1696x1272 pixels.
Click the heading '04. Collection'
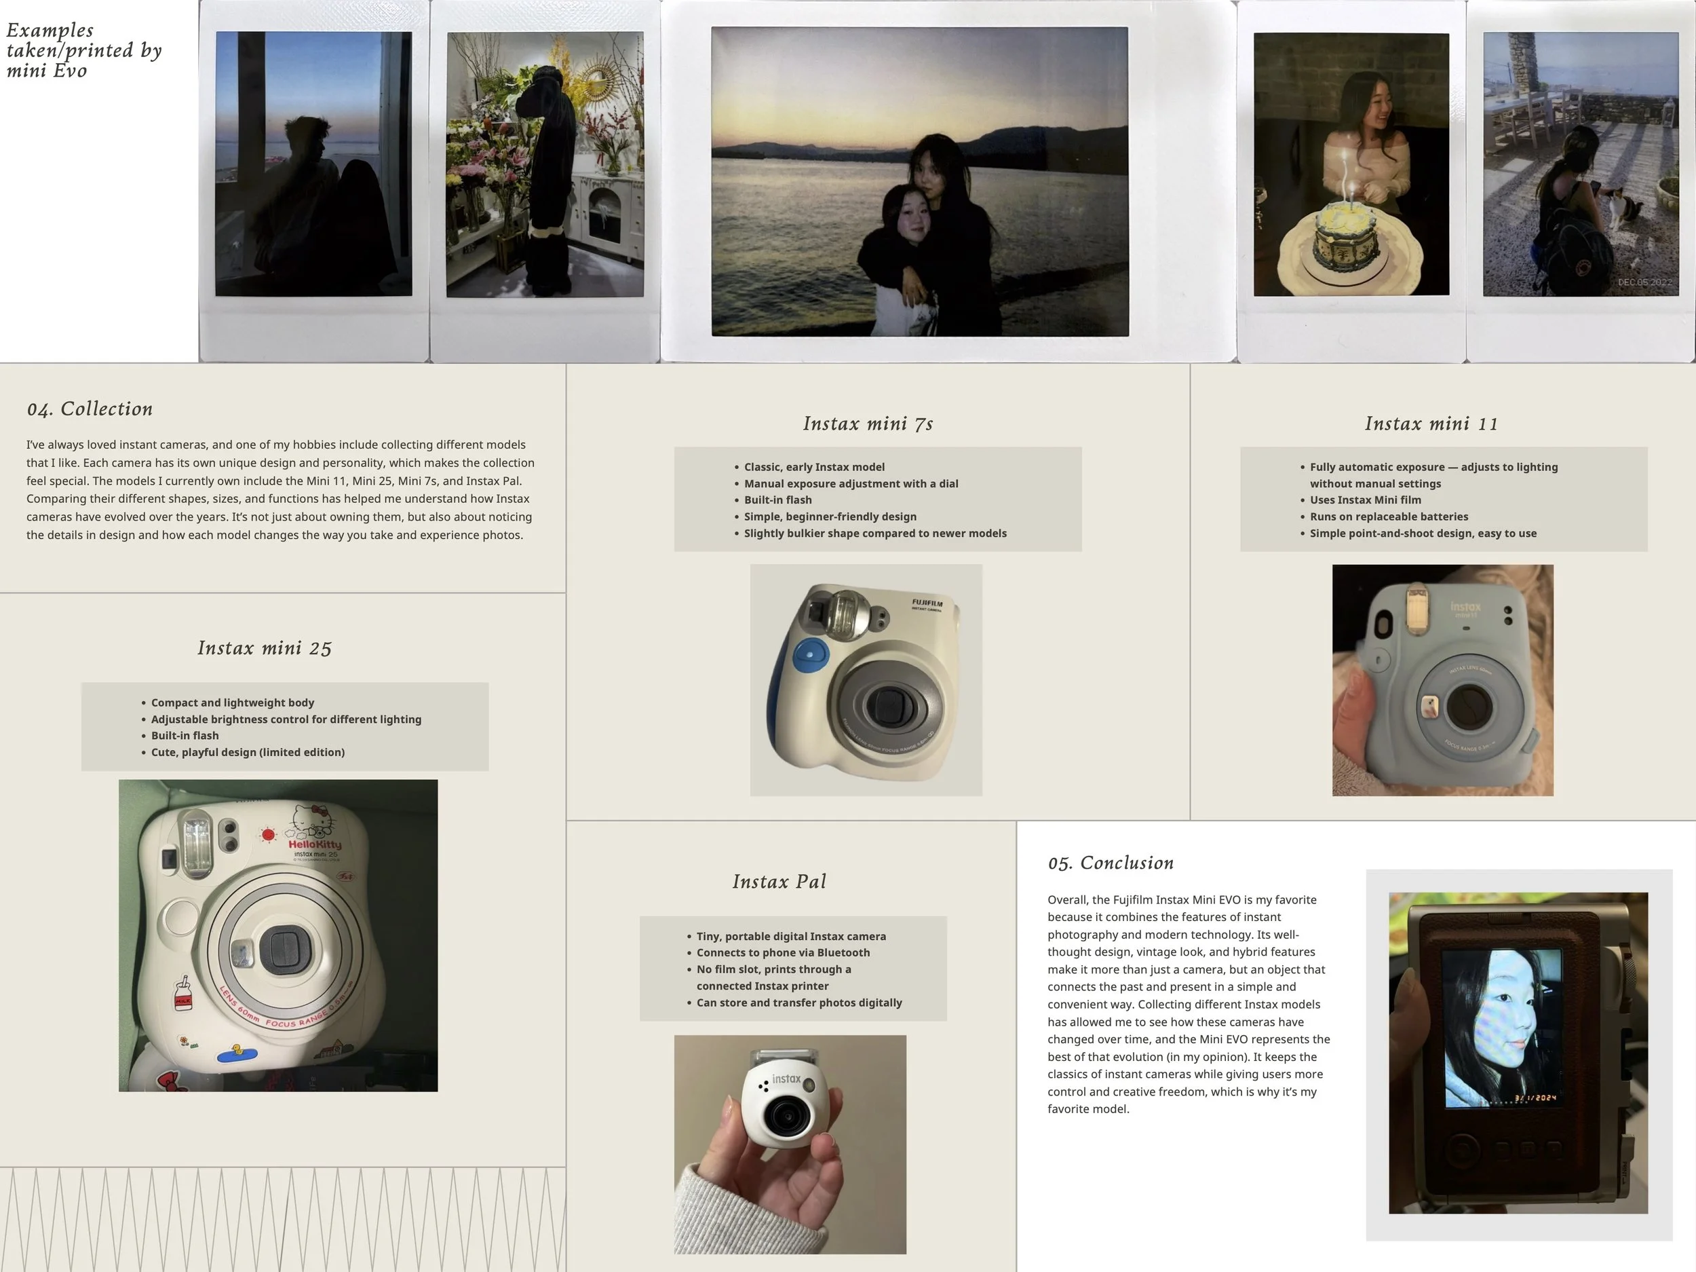(x=90, y=409)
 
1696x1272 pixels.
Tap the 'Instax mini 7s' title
(x=868, y=424)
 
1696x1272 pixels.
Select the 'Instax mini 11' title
(x=1431, y=424)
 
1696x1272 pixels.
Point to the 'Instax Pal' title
(x=779, y=882)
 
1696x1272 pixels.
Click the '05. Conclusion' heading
(x=1111, y=863)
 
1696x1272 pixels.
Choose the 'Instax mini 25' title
(x=265, y=648)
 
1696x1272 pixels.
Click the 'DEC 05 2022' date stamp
(x=1644, y=282)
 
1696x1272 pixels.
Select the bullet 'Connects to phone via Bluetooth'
(x=783, y=953)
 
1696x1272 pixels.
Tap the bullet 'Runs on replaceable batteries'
(x=1389, y=517)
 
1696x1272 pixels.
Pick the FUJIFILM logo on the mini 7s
(x=927, y=604)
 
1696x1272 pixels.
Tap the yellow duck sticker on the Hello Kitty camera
(x=238, y=1053)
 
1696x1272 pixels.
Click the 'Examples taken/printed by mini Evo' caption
(x=83, y=51)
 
